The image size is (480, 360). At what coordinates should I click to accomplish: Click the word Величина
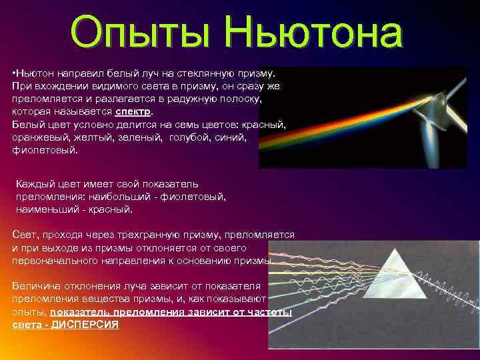tap(36, 286)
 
